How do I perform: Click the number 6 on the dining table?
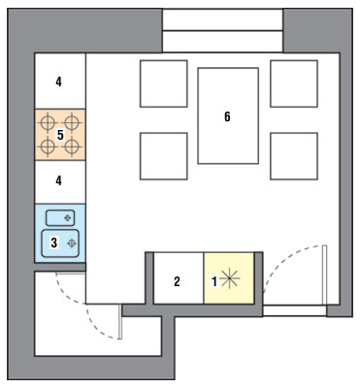click(x=227, y=116)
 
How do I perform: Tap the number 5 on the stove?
click(x=60, y=135)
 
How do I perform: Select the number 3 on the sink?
click(x=54, y=242)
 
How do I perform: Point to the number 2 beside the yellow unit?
click(x=177, y=281)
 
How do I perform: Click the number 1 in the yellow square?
click(x=214, y=281)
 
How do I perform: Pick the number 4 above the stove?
click(x=58, y=81)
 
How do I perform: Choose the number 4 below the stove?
click(x=58, y=180)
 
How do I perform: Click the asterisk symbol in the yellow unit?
click(x=229, y=278)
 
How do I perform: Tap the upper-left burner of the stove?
click(x=48, y=123)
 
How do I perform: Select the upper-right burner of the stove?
click(x=72, y=123)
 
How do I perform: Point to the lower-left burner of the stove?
click(x=48, y=146)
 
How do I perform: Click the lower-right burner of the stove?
click(x=72, y=146)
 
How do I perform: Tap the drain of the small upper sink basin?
click(x=68, y=218)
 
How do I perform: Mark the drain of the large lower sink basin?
click(x=72, y=243)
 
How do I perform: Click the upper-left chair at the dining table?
click(x=164, y=83)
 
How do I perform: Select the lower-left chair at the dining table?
click(x=164, y=156)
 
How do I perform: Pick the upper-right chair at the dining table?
click(x=294, y=83)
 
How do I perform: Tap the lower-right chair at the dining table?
click(x=294, y=156)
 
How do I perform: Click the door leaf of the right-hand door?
click(x=325, y=275)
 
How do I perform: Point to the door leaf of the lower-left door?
click(x=119, y=321)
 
